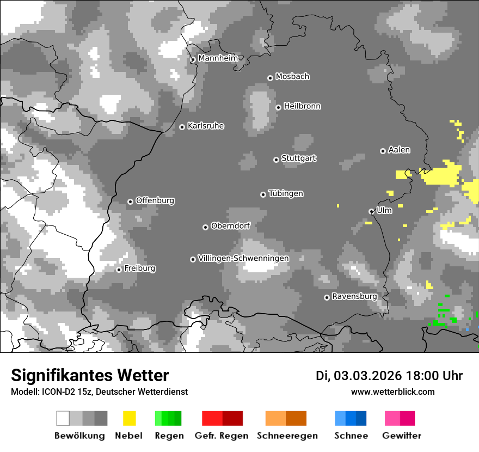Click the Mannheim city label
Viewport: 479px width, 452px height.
click(x=218, y=58)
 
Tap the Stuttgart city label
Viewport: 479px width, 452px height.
click(x=298, y=158)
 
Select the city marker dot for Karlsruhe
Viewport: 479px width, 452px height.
click(x=182, y=127)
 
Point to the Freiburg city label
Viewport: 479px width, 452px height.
click(x=139, y=268)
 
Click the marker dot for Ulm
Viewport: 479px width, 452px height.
click(x=371, y=211)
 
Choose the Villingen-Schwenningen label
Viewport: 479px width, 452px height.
click(x=243, y=258)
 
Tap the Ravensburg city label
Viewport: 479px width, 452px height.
click(x=354, y=297)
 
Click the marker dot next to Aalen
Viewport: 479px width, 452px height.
click(x=383, y=151)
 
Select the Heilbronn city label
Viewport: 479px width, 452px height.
click(x=302, y=106)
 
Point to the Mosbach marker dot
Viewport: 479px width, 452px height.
click(x=270, y=78)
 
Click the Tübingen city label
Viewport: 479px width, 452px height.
click(x=286, y=194)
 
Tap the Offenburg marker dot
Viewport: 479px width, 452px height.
click(x=130, y=201)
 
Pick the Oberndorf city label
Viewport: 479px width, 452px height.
click(x=230, y=226)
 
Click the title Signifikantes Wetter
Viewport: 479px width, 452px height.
click(x=90, y=376)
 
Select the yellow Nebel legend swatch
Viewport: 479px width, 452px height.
click(x=129, y=418)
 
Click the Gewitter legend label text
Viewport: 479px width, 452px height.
click(x=402, y=436)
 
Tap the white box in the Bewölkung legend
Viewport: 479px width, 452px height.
click(x=63, y=418)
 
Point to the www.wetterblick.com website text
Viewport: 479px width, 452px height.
click(x=392, y=392)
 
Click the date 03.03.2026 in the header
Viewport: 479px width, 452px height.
click(x=367, y=376)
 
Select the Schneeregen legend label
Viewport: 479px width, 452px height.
click(x=286, y=436)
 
